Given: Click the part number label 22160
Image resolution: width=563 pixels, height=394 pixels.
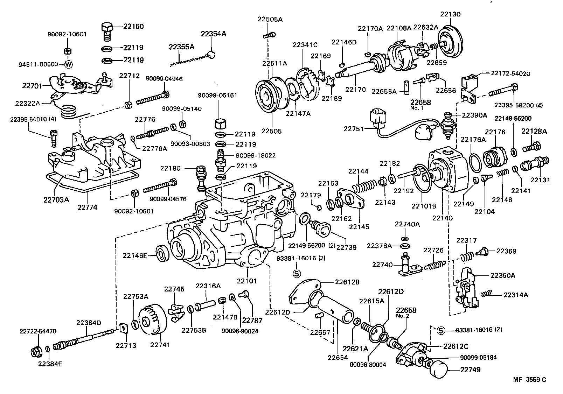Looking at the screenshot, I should click(x=133, y=27).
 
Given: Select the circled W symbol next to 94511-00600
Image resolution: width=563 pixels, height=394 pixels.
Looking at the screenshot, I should click(x=69, y=64).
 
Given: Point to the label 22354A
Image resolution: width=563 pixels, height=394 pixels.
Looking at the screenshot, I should click(x=213, y=34).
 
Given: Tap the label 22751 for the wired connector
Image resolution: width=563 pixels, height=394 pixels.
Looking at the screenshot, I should click(x=352, y=129).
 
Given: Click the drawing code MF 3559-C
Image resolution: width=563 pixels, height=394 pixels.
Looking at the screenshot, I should click(x=529, y=380).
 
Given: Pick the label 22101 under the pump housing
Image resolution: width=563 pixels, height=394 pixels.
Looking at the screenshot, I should click(x=246, y=280).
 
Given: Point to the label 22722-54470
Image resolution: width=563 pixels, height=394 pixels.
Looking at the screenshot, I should click(x=38, y=331).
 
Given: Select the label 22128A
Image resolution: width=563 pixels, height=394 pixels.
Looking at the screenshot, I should click(x=534, y=131).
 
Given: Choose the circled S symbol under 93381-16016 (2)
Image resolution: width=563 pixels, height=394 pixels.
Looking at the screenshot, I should click(x=297, y=273).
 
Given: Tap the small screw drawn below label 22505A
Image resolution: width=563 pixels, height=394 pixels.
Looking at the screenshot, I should click(x=270, y=34).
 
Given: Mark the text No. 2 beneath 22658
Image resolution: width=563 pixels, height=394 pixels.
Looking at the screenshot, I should click(x=403, y=316).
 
